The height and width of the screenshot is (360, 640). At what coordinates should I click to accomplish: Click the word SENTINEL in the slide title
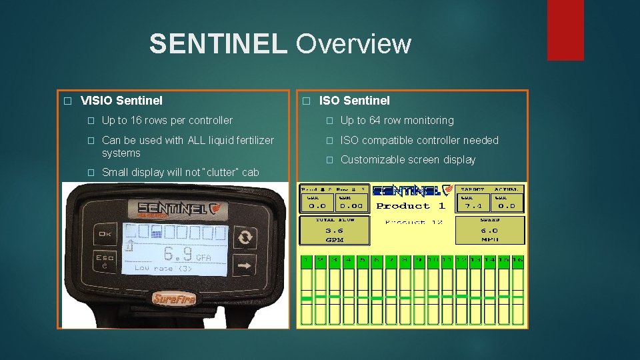click(218, 44)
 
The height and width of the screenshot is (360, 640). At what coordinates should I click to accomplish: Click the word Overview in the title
click(353, 44)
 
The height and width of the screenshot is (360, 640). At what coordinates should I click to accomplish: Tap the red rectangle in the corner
click(565, 30)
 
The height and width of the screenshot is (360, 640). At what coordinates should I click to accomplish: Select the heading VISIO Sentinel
click(121, 101)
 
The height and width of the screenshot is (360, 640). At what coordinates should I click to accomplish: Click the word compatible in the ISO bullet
click(393, 140)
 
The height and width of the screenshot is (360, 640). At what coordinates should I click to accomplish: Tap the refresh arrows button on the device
click(246, 237)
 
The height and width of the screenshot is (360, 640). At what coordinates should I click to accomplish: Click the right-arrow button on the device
click(246, 265)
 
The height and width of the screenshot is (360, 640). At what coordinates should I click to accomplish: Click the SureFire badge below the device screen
click(173, 298)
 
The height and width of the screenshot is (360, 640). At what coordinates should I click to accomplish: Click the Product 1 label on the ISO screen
click(411, 206)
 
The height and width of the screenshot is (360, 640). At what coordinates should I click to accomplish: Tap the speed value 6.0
click(490, 230)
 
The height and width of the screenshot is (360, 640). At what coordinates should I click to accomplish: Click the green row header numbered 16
click(516, 259)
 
